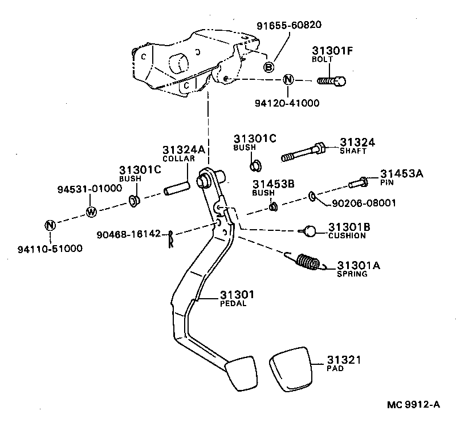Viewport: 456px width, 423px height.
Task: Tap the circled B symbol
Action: [x=269, y=67]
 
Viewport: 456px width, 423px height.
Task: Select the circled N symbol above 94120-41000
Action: [x=288, y=79]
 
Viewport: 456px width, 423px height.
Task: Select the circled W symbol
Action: [x=91, y=211]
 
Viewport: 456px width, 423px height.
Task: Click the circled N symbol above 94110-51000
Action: [x=50, y=225]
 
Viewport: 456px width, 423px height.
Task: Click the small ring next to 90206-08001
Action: [x=313, y=197]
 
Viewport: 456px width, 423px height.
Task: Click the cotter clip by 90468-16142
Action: [x=170, y=240]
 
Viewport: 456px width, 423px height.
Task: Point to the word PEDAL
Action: [x=233, y=303]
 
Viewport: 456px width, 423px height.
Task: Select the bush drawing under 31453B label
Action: [x=273, y=206]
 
